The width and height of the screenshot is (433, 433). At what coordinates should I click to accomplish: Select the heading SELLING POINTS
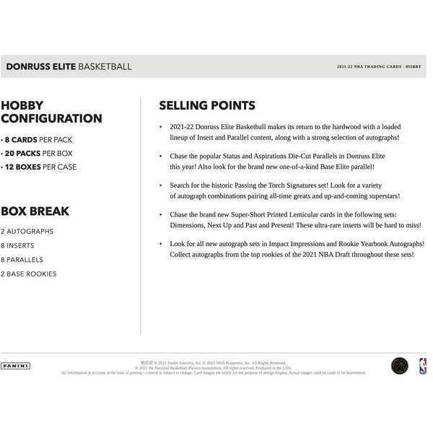coord(204,105)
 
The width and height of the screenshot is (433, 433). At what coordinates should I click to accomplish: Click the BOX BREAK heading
coord(35,211)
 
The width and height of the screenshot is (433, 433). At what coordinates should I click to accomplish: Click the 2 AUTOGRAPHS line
coord(27,231)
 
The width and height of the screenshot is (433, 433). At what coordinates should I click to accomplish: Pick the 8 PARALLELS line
coord(24,259)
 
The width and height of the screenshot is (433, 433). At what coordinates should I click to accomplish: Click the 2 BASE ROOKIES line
coord(28,274)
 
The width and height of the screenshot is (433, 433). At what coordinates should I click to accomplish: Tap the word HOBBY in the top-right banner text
coord(416,66)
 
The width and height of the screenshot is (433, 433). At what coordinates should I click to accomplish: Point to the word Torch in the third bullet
coord(270,185)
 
